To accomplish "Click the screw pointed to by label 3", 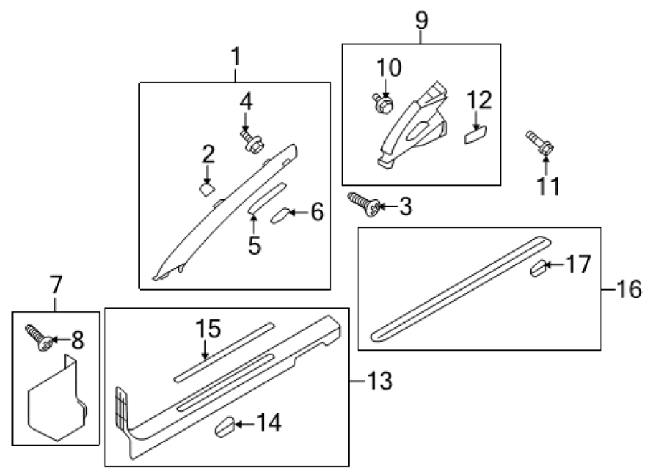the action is coord(364,204).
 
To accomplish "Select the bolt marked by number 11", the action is coord(540,144).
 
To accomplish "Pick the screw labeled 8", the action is coord(39,338).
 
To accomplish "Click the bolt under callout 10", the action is coord(383,103).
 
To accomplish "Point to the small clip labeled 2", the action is coord(207,190).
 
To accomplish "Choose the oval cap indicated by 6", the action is coord(279,215).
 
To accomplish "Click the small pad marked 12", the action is coord(476,135).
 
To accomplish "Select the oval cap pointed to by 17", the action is coord(538,268).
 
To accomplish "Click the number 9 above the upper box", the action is coord(421,20).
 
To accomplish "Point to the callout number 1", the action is coord(236,56).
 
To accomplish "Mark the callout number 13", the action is coord(379,381).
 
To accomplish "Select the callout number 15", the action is coord(208,329).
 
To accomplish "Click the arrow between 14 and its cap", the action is coord(246,424).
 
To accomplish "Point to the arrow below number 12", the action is coord(476,121).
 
